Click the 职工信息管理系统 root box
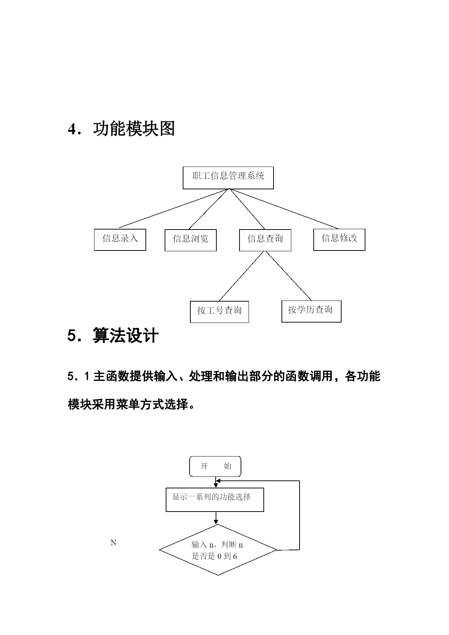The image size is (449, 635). (228, 178)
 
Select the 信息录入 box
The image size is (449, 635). (120, 240)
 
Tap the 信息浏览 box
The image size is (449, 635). (190, 240)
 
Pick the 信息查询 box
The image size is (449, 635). (265, 240)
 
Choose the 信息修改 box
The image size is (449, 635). (339, 240)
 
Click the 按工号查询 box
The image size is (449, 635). (219, 312)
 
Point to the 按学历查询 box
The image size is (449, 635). (311, 311)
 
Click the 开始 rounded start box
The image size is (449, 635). (215, 466)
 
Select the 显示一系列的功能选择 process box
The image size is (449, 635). (215, 500)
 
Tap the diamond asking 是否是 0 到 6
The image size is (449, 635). (218, 550)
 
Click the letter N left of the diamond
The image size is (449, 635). (113, 543)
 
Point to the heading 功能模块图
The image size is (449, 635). (134, 129)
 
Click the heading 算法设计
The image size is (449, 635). (126, 335)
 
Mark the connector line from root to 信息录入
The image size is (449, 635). (174, 208)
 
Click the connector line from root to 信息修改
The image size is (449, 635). (284, 209)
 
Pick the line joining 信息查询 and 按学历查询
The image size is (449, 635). (288, 276)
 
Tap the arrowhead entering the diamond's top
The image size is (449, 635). (216, 522)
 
